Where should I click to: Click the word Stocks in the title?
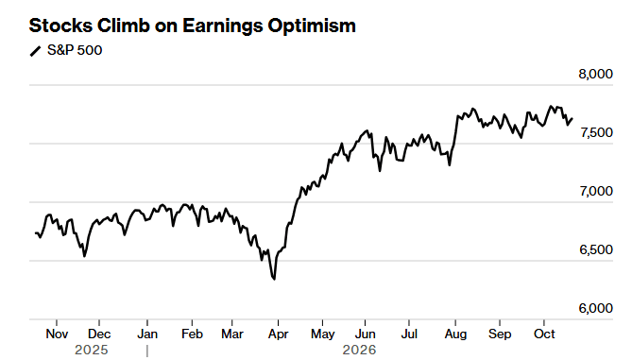click(x=60, y=26)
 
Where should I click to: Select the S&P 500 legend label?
click(x=75, y=50)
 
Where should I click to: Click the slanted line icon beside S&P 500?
click(x=36, y=51)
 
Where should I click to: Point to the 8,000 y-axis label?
click(x=595, y=75)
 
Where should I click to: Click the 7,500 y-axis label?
click(x=596, y=132)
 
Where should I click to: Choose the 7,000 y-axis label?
click(x=596, y=191)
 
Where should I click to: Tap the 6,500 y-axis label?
click(x=596, y=249)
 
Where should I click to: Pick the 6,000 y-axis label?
click(x=596, y=308)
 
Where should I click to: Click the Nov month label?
click(x=57, y=334)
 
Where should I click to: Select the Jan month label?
click(x=147, y=334)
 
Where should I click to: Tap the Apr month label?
click(x=278, y=334)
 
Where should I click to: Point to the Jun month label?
click(x=365, y=334)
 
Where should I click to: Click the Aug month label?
click(x=455, y=334)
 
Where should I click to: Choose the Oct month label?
click(x=544, y=334)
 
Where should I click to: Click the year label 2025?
click(x=92, y=350)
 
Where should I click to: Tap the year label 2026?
click(x=359, y=350)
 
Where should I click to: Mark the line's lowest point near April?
click(x=275, y=279)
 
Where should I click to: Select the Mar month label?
click(x=232, y=334)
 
